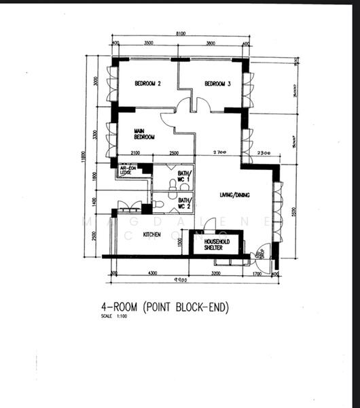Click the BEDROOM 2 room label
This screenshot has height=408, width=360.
point(147,84)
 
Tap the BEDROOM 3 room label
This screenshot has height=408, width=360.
point(218,84)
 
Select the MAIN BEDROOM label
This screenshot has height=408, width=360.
point(144,134)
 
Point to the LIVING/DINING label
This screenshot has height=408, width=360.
point(234,195)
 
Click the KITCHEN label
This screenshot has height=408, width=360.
point(151,235)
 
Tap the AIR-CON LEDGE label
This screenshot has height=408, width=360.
point(128,170)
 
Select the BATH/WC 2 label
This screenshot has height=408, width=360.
point(185,203)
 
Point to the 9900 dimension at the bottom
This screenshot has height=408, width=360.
point(180,280)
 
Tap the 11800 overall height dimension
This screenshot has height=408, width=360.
point(84,157)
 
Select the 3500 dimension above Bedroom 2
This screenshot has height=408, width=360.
point(149,43)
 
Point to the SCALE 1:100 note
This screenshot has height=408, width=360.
point(113,317)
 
